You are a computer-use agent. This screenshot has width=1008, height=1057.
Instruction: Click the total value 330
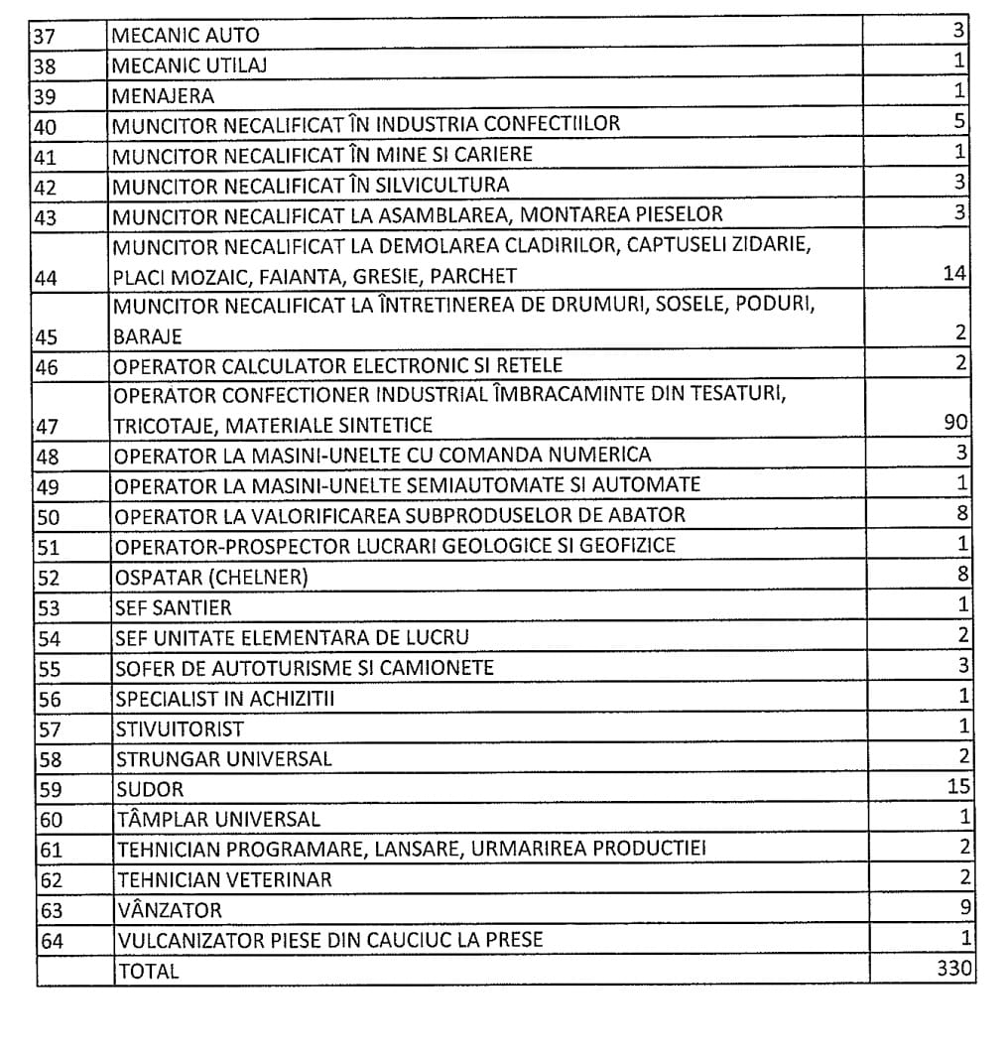(x=955, y=968)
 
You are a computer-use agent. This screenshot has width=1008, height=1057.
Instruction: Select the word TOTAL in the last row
(x=148, y=972)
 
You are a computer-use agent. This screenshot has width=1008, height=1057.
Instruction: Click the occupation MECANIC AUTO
(x=186, y=36)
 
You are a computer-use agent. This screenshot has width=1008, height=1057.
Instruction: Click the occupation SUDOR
(x=150, y=790)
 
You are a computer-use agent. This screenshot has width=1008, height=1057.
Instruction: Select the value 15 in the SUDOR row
(x=959, y=787)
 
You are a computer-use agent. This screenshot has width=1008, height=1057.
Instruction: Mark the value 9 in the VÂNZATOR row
(x=964, y=907)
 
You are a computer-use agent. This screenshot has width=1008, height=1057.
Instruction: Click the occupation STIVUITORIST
(x=180, y=729)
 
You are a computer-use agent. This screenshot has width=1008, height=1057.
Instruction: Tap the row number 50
(x=49, y=516)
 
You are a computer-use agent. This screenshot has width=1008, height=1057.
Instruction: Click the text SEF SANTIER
(x=173, y=607)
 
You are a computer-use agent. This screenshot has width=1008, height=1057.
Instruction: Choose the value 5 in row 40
(x=961, y=122)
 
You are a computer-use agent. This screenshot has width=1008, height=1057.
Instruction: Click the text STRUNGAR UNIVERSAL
(x=223, y=759)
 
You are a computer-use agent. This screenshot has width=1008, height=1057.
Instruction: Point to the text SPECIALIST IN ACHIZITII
(x=225, y=699)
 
